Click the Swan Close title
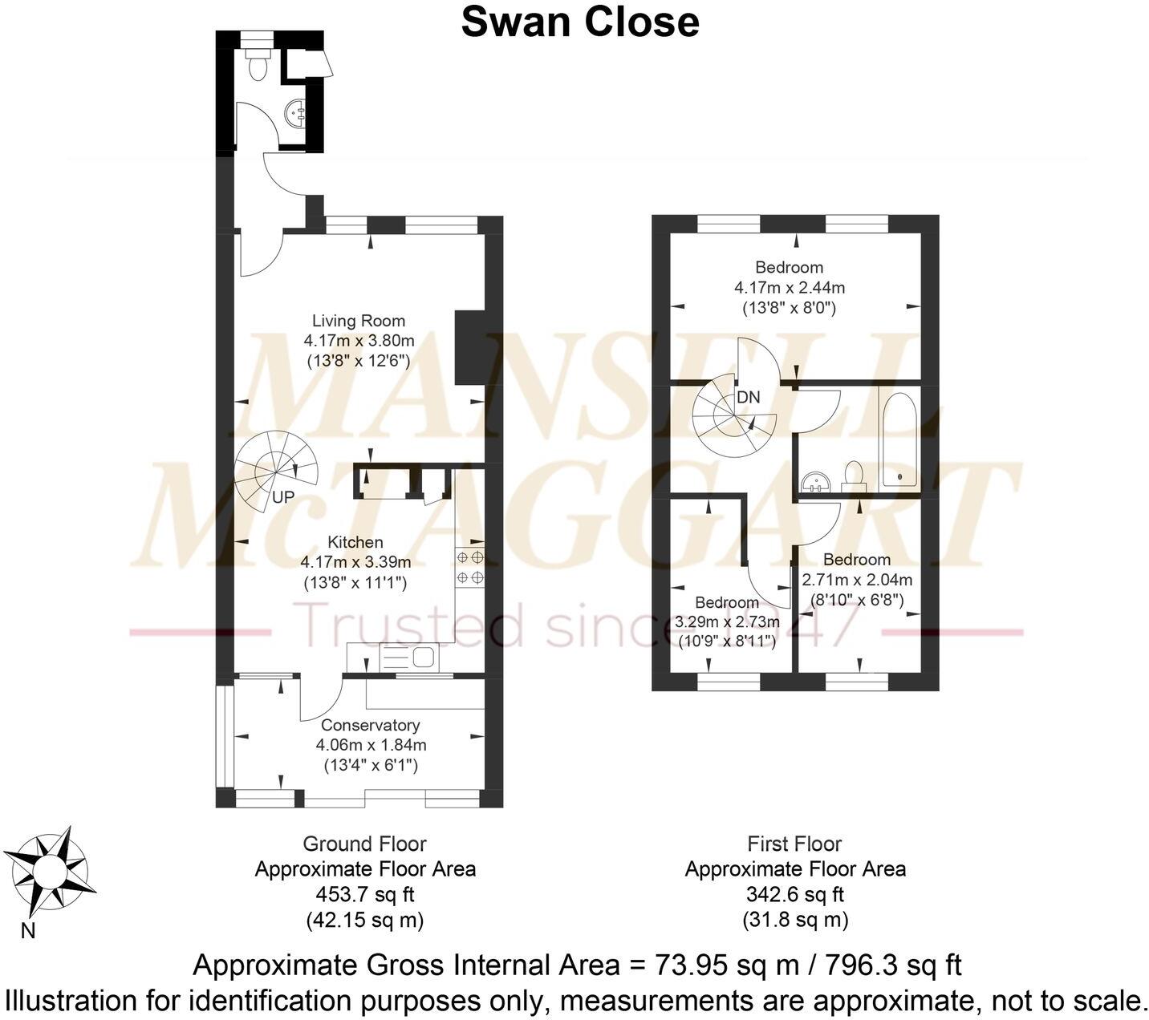pyautogui.click(x=580, y=22)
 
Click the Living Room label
pyautogui.click(x=359, y=321)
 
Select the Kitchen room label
pyautogui.click(x=355, y=542)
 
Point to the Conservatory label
pyautogui.click(x=370, y=725)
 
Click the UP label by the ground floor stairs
pyautogui.click(x=283, y=497)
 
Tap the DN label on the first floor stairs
pyautogui.click(x=748, y=397)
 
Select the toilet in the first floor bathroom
pyautogui.click(x=852, y=476)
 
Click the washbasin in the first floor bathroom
pyautogui.click(x=817, y=481)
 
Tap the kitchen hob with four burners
pyautogui.click(x=469, y=566)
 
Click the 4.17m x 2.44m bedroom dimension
pyautogui.click(x=789, y=287)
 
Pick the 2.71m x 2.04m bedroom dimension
pyautogui.click(x=857, y=580)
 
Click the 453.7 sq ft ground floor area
pyautogui.click(x=365, y=894)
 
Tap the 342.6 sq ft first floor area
pyautogui.click(x=794, y=894)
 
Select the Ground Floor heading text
pyautogui.click(x=364, y=844)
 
